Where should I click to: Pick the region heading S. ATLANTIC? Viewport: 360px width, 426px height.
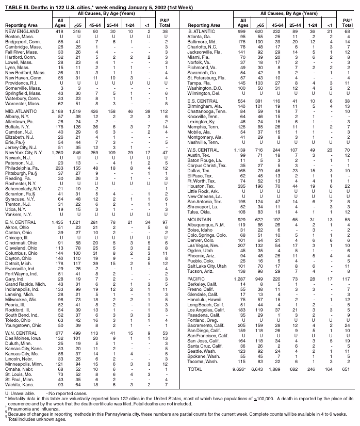(203, 31)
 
